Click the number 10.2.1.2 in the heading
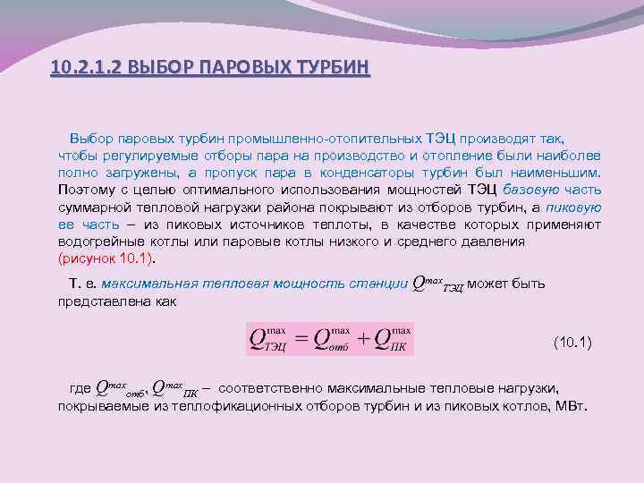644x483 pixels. click(x=88, y=67)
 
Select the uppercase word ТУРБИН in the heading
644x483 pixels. click(x=328, y=67)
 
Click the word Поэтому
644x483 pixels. click(x=86, y=191)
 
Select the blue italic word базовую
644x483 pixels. click(x=531, y=191)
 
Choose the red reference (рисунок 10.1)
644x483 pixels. click(x=106, y=258)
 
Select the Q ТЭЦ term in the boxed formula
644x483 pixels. click(x=267, y=340)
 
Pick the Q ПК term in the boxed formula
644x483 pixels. click(x=394, y=340)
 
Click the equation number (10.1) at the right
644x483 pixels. click(x=572, y=343)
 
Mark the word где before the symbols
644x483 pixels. click(x=80, y=389)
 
